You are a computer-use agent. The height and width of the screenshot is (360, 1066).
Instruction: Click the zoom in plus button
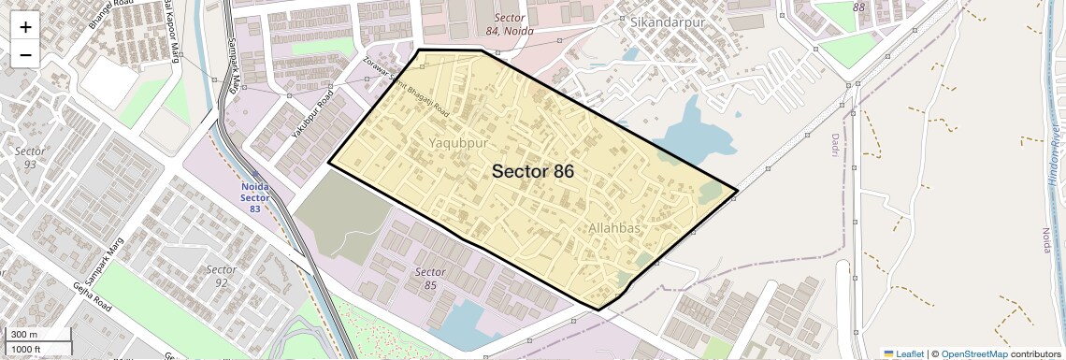pos(25,27)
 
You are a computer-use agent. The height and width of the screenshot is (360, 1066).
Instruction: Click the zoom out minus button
pos(25,54)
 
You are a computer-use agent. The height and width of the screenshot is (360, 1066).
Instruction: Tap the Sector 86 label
pos(532,171)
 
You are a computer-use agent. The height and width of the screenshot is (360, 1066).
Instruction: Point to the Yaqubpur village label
pos(458,143)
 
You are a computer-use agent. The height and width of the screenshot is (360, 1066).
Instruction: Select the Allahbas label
pos(614,228)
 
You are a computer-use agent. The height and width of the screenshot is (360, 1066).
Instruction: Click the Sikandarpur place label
pos(666,22)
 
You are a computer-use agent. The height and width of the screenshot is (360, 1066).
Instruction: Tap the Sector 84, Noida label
pos(509,24)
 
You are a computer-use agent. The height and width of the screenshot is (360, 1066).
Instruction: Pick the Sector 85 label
pos(429,278)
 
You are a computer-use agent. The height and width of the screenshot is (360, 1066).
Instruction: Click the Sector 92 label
pos(221,276)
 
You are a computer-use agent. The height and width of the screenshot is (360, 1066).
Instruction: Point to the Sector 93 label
pos(30,157)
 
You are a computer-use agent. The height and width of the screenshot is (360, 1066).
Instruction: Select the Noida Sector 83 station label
pos(254,197)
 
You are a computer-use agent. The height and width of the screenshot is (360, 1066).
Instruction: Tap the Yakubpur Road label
pos(311,115)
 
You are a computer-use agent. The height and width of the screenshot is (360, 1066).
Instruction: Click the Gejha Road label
pos(93,296)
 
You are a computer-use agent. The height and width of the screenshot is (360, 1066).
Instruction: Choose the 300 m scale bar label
pos(24,335)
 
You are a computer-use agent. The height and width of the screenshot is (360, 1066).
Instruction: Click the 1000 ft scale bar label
pos(26,349)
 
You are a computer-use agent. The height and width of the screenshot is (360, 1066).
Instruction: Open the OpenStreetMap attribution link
pos(974,353)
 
